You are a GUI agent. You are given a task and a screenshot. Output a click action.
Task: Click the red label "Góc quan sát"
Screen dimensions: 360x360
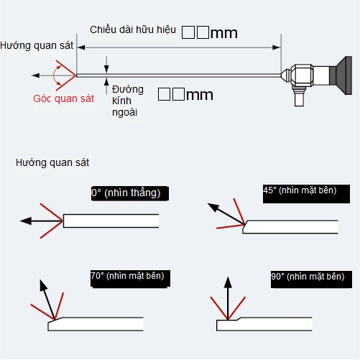coord(63,98)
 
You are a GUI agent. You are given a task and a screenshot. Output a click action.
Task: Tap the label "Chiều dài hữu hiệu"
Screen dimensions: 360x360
coord(133,29)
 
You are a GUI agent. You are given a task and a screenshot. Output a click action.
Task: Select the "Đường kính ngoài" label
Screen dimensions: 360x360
coord(128,101)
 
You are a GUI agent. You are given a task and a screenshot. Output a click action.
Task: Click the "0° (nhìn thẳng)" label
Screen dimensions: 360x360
coord(126,193)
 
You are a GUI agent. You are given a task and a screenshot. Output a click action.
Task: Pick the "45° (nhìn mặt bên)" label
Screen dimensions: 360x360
coord(300,190)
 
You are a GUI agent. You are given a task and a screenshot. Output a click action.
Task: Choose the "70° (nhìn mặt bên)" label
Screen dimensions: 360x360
coord(127,276)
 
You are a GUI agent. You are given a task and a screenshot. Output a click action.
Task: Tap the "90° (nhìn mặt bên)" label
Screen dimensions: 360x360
coord(308,277)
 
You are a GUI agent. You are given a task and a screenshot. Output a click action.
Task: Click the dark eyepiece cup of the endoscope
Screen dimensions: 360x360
coord(344,75)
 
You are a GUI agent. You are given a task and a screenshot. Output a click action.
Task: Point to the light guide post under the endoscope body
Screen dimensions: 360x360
coord(299,97)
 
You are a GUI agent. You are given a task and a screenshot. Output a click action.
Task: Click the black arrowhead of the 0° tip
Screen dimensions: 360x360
coord(26,221)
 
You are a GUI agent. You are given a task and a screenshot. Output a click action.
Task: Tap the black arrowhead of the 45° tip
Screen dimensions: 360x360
coord(213,207)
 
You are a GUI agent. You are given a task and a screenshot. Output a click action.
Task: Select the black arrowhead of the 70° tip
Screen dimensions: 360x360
coord(43,285)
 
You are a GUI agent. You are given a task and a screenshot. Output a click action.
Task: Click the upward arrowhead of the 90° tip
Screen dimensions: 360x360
coord(228,282)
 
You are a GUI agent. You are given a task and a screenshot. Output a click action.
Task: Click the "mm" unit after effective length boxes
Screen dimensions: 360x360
coord(224,33)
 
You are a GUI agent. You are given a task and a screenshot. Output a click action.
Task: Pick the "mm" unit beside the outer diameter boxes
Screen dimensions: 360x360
coord(200,95)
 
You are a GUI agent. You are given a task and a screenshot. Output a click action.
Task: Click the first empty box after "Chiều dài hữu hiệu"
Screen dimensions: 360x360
coord(188,32)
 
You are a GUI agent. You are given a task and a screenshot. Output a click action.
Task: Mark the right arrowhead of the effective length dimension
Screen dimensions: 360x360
coord(276,47)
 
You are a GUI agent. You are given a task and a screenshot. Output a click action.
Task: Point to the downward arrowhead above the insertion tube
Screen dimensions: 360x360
coord(106,69)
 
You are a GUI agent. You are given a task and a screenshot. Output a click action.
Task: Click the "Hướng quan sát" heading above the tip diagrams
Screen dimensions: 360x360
coord(52,162)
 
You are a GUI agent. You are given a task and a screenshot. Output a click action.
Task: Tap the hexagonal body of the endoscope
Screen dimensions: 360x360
coord(303,75)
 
